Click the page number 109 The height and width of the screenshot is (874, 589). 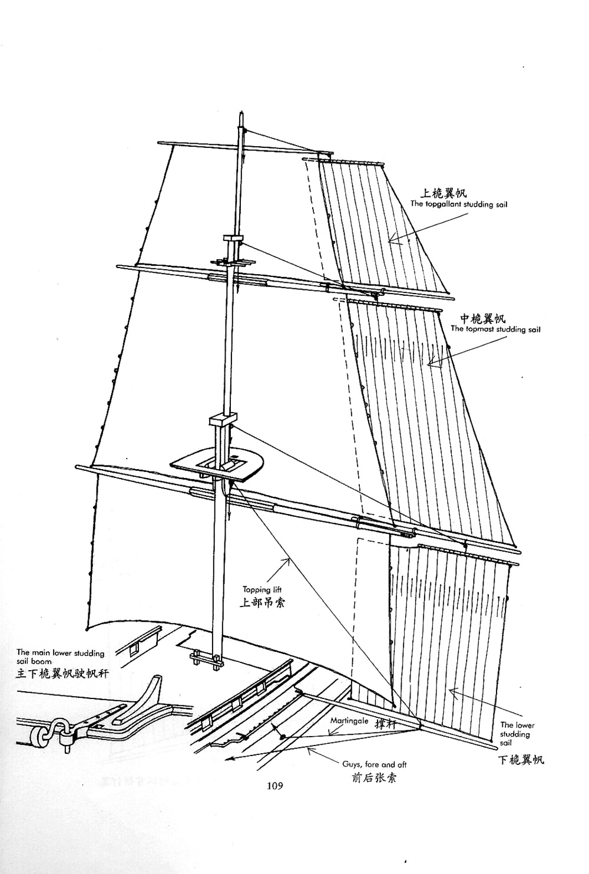(275, 785)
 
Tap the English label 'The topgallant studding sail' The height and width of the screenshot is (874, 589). (459, 205)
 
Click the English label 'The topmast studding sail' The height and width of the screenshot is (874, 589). (495, 329)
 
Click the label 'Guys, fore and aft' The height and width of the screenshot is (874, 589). (375, 764)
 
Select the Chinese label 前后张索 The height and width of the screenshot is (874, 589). (373, 777)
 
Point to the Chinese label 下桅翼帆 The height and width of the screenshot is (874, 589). (521, 760)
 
